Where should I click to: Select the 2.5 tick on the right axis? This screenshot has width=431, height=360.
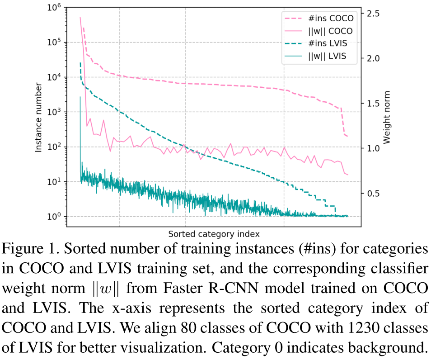374,14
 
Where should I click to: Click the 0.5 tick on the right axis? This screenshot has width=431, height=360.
374,194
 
